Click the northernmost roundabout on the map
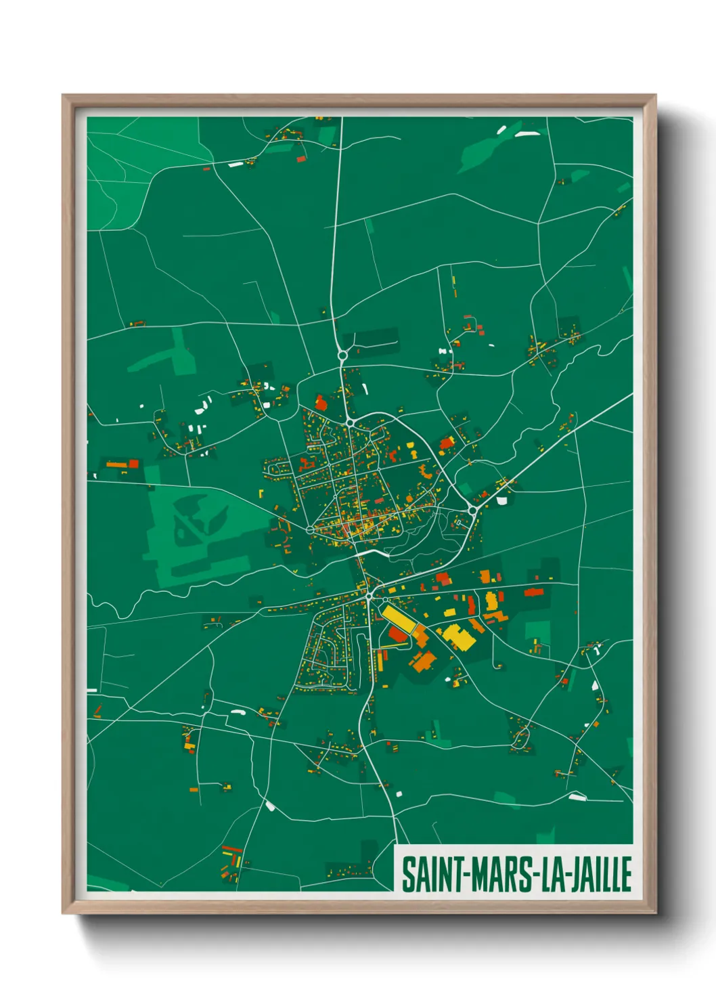point(342,355)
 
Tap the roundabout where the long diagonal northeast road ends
point(472,508)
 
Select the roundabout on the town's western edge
point(309,529)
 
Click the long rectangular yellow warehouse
point(398,619)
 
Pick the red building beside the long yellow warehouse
point(396,634)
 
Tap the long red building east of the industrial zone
point(534,592)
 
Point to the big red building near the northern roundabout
point(321,404)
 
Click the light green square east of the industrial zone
point(537,630)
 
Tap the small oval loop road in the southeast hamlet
point(520,738)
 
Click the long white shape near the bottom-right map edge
point(577,797)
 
